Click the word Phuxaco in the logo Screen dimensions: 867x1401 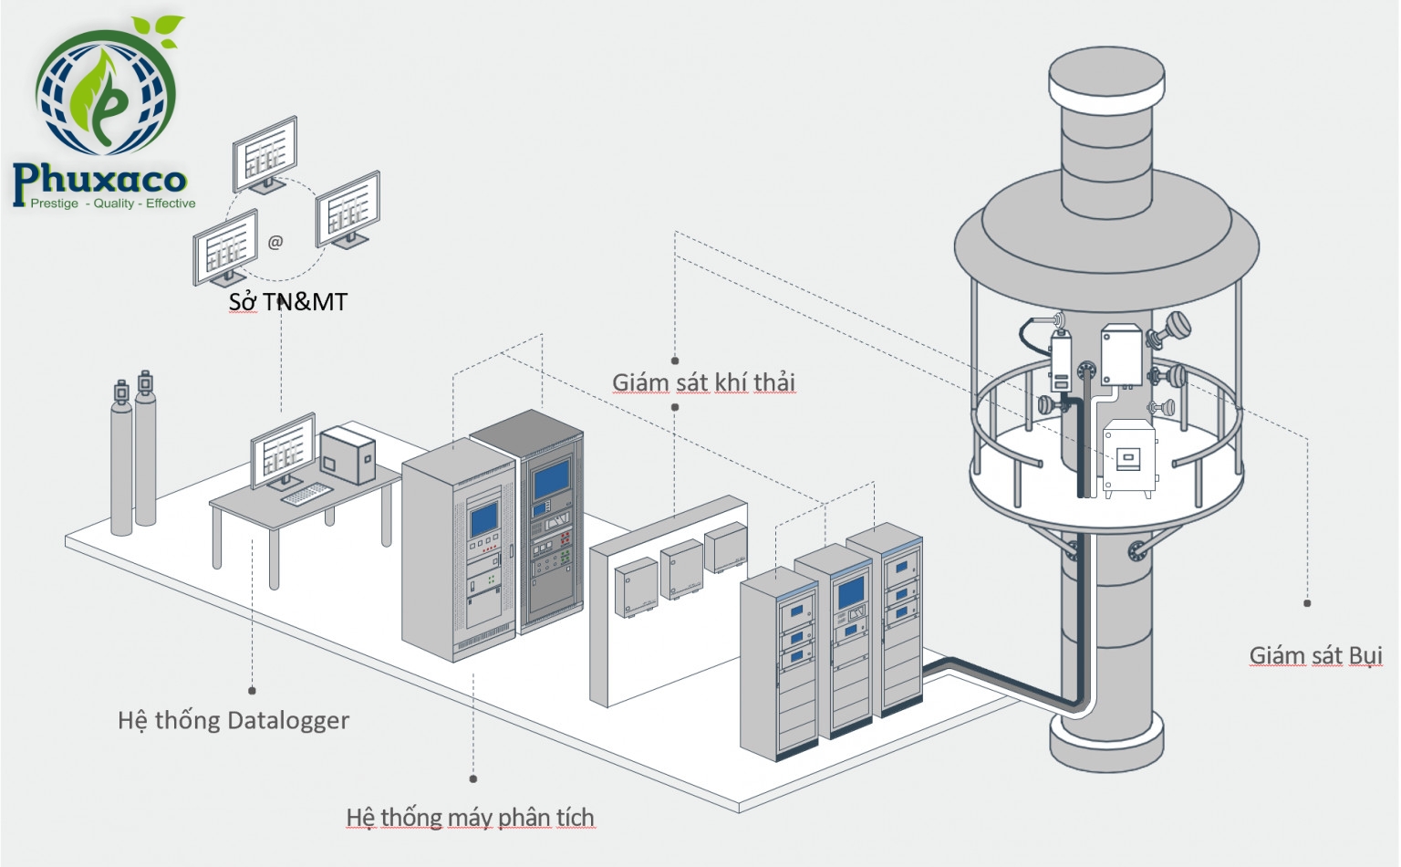[x=99, y=180]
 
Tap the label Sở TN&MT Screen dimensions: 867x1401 [x=287, y=301]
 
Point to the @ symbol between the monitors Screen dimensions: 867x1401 [x=275, y=242]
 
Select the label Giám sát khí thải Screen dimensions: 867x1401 [x=703, y=381]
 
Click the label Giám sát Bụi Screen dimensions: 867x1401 [x=1315, y=655]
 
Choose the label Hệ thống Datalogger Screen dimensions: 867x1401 [x=233, y=720]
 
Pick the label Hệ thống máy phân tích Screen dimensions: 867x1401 [x=470, y=817]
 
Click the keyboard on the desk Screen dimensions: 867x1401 [x=306, y=493]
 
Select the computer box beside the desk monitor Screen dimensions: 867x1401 [x=348, y=454]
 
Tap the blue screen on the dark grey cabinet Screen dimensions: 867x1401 [x=550, y=479]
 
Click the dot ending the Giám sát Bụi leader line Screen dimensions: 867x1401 [x=1307, y=603]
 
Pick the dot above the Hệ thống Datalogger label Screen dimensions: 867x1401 [x=253, y=691]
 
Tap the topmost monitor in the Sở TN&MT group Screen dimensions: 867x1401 [x=265, y=153]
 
